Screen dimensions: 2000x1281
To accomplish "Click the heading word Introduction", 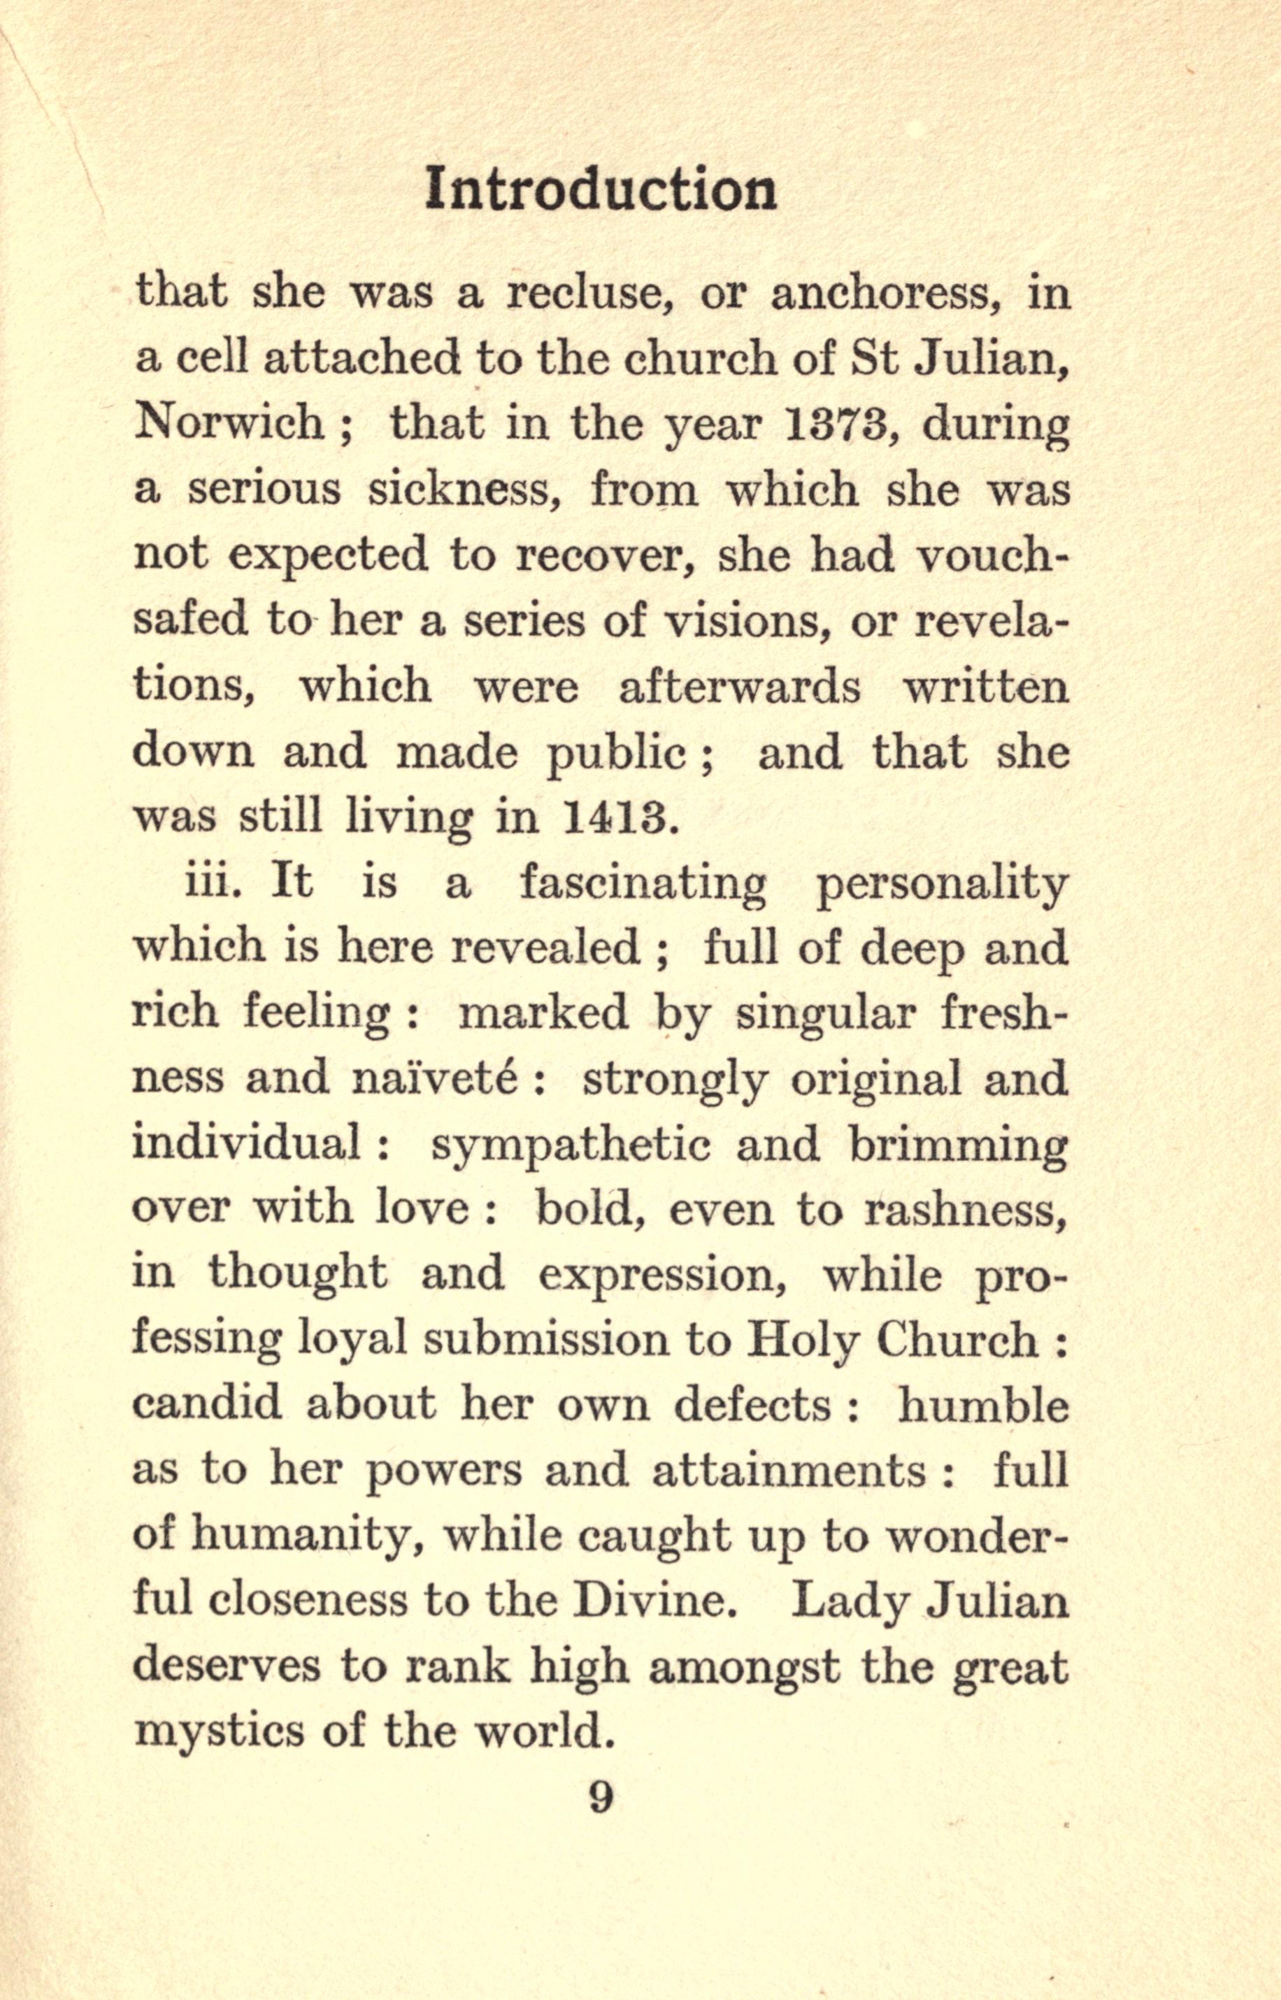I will click(601, 190).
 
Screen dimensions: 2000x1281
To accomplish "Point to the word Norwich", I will click(229, 424).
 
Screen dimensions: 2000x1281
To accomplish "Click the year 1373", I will click(837, 424).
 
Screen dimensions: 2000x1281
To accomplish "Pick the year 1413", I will click(615, 817).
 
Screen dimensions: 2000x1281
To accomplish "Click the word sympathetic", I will click(571, 1146).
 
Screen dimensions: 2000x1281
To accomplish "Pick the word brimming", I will click(957, 1146).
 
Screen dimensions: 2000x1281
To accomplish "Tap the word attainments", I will click(789, 1471).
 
